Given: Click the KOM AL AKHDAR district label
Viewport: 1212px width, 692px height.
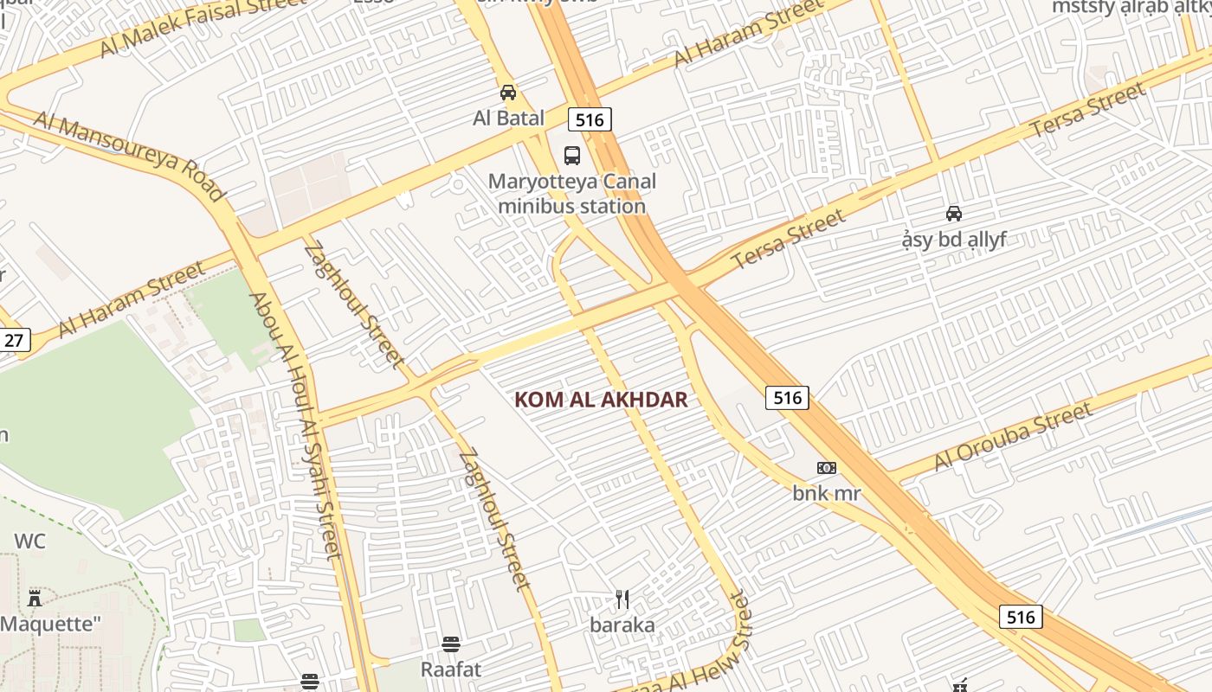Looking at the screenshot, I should (x=601, y=400).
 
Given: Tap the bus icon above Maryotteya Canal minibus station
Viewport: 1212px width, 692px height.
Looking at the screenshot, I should (x=572, y=156).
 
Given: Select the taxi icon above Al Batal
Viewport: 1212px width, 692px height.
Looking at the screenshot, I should (x=508, y=93).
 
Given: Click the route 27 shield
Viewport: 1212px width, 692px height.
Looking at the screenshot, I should (x=14, y=340).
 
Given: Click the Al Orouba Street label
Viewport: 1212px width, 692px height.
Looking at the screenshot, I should (x=1012, y=439).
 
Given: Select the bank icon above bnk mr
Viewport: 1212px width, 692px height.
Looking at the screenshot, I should (x=827, y=468).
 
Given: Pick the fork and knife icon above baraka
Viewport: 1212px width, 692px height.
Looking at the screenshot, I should (x=622, y=599).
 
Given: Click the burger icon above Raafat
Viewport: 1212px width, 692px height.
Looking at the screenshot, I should (x=450, y=644).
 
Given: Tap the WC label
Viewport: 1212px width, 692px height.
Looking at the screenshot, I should (x=29, y=541).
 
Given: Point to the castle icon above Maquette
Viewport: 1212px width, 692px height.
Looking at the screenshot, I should (x=35, y=598).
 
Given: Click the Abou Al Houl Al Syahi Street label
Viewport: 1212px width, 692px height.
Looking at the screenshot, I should (x=297, y=424).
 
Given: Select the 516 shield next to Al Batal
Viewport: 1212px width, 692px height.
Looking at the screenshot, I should (x=590, y=119).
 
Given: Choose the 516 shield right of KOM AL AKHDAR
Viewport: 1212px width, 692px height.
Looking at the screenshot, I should (x=787, y=398).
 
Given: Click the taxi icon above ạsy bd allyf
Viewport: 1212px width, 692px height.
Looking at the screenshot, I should (x=954, y=214).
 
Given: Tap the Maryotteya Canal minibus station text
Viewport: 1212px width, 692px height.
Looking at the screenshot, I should (x=572, y=194).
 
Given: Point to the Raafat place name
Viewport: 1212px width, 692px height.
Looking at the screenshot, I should (x=450, y=670).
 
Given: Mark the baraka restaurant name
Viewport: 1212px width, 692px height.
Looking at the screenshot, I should (x=622, y=625).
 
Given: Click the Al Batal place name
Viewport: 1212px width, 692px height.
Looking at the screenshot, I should (x=508, y=119).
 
